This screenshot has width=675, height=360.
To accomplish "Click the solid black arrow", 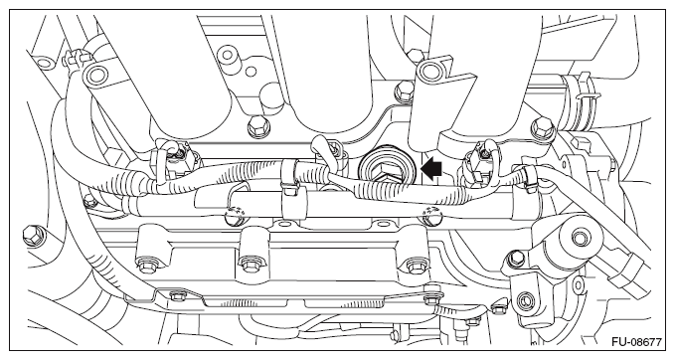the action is click(x=430, y=169).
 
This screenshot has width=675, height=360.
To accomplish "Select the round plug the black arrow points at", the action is click(x=386, y=169).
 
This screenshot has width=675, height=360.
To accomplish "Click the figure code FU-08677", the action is click(x=636, y=342).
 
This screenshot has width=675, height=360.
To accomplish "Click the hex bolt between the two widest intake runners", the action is click(x=255, y=125).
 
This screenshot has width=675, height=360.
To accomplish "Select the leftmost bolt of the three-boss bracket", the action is click(x=144, y=262).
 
